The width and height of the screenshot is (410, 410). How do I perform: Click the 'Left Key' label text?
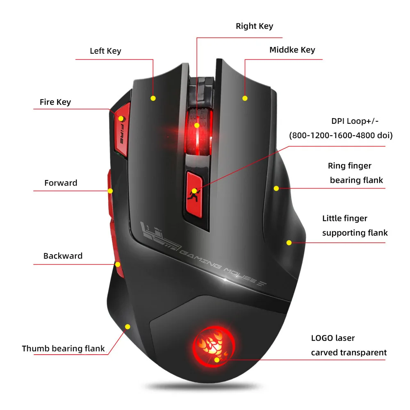pyautogui.click(x=105, y=51)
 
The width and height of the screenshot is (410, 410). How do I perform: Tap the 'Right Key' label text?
pyautogui.click(x=254, y=26)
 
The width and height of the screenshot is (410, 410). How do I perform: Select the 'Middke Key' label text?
pyautogui.click(x=292, y=50)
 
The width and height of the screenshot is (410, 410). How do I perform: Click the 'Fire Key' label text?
pyautogui.click(x=55, y=102)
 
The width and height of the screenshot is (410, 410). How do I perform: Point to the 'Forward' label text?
pyautogui.click(x=61, y=183)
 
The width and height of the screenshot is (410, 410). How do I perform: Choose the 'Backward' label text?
pyautogui.click(x=63, y=256)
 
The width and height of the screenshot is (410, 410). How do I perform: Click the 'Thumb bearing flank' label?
pyautogui.click(x=63, y=349)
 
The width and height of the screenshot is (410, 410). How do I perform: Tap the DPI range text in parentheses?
pyautogui.click(x=341, y=135)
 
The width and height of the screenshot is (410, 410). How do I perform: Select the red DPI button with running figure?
pyautogui.click(x=194, y=192)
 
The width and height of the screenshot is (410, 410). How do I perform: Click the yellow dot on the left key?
pyautogui.click(x=153, y=98)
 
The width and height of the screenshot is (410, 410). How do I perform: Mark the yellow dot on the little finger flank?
pyautogui.click(x=289, y=243)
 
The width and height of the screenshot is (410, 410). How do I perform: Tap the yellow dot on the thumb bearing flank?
pyautogui.click(x=128, y=327)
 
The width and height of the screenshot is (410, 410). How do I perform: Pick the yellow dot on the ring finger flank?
pyautogui.click(x=276, y=188)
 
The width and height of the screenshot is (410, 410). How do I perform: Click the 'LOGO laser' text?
pyautogui.click(x=333, y=338)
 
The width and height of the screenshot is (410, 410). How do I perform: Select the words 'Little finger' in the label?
pyautogui.click(x=344, y=219)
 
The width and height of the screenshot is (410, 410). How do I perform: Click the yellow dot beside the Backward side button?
pyautogui.click(x=118, y=264)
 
